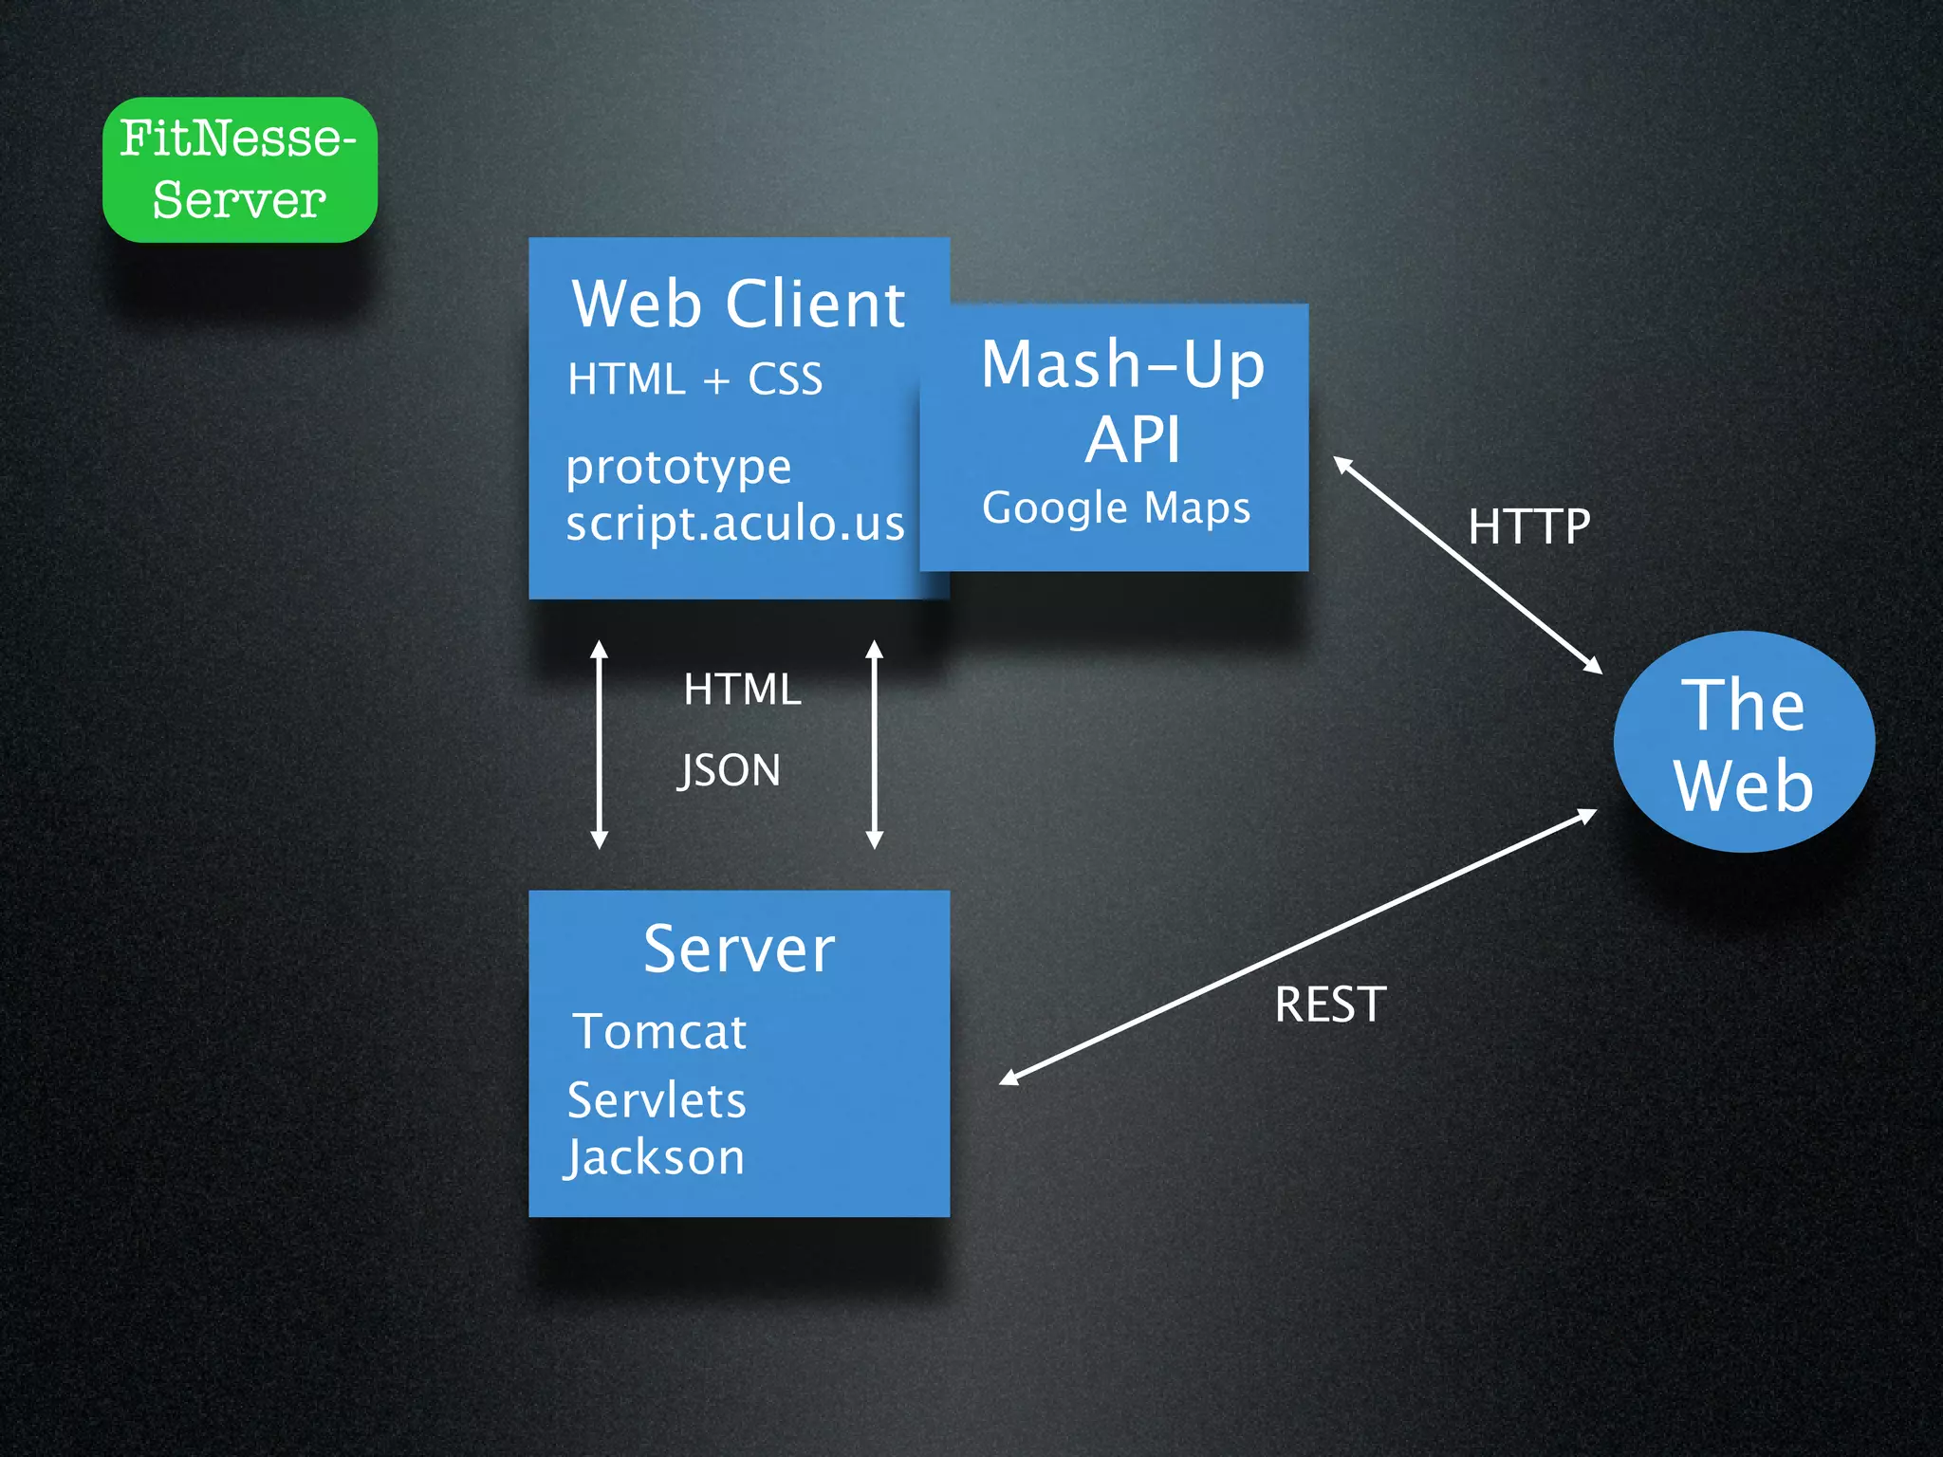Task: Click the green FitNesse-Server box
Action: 239,170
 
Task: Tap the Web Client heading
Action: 738,304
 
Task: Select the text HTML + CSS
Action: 694,379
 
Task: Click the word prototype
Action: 678,468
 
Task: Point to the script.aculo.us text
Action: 735,523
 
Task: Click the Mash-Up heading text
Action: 1122,364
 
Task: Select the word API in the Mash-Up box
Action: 1133,440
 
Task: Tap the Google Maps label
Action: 1116,508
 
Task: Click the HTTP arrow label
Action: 1528,526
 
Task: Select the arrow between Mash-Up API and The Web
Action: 1468,565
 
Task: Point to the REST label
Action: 1330,1005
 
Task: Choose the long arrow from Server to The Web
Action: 1299,947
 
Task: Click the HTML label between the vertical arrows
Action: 742,690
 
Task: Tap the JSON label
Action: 729,770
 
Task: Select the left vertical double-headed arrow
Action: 599,745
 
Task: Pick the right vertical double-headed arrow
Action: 875,745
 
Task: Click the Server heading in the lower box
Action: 738,950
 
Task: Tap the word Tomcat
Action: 660,1031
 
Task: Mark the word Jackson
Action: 655,1158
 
